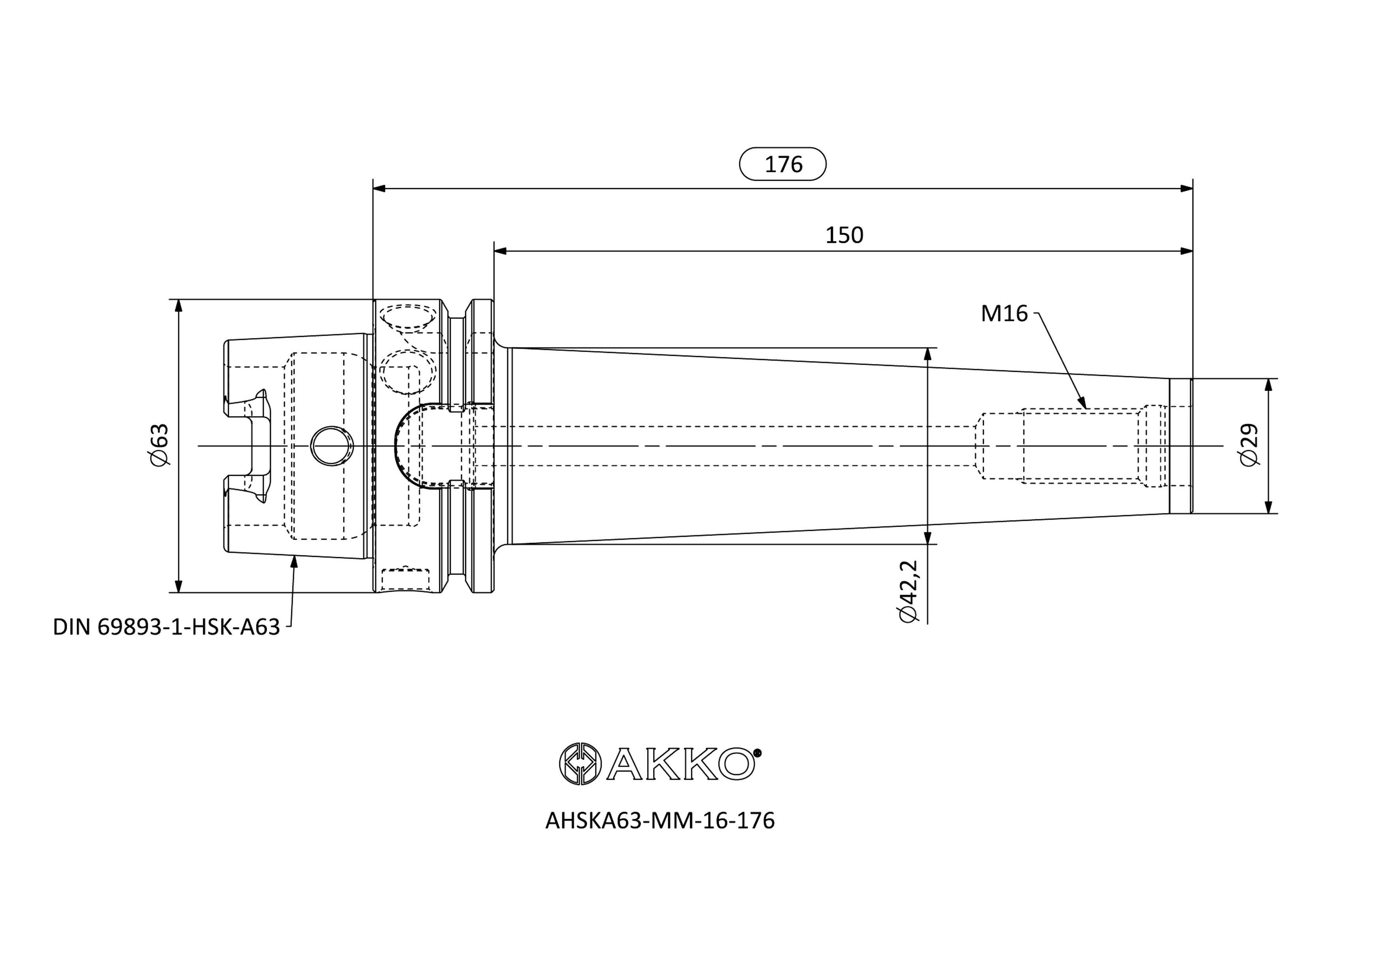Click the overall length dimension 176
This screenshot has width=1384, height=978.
pos(783,164)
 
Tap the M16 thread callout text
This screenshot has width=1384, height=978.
pos(1004,314)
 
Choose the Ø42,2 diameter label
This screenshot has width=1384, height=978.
pos(907,591)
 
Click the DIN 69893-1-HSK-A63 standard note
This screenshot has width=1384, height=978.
pos(166,627)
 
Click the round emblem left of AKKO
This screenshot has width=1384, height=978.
pos(580,763)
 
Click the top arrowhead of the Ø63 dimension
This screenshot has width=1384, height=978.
pos(178,306)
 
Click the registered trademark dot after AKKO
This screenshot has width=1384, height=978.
pos(758,752)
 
